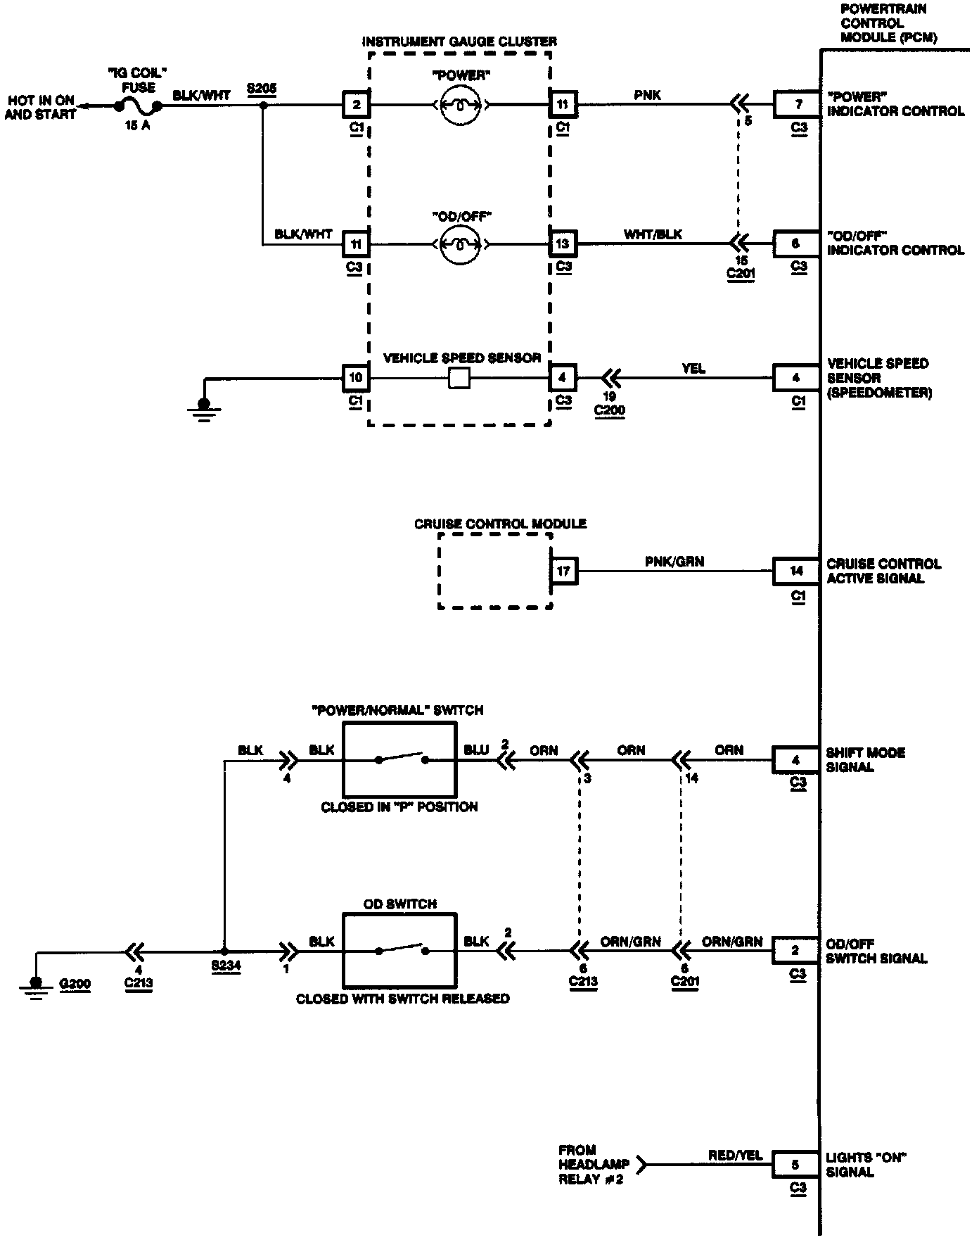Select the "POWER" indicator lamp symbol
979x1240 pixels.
point(460,105)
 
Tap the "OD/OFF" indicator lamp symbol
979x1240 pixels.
point(460,244)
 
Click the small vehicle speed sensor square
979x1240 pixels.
point(459,378)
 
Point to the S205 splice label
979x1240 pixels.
point(262,89)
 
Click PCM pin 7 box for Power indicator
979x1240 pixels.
point(797,104)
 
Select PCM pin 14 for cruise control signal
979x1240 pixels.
point(796,571)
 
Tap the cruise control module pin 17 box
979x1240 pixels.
point(564,571)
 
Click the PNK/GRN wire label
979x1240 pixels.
point(674,561)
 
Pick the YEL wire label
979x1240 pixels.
point(693,368)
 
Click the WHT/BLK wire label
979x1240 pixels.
point(653,234)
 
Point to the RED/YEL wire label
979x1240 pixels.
point(735,1155)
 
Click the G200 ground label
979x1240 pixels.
point(75,983)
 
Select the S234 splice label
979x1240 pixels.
point(226,966)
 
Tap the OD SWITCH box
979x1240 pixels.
point(399,951)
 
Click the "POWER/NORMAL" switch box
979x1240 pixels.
point(399,759)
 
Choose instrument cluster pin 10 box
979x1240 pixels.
point(356,378)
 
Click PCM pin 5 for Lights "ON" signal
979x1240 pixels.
point(796,1165)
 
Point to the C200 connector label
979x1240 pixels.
point(609,410)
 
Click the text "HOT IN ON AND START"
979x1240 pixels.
point(40,107)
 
